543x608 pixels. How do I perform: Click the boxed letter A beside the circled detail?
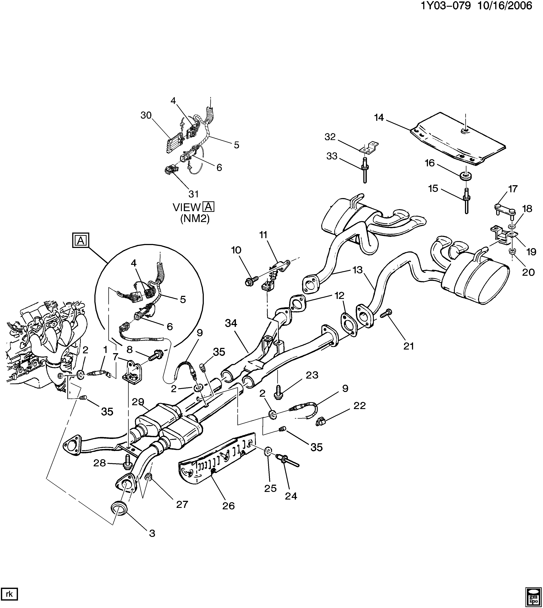80,241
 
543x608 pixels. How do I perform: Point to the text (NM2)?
195,219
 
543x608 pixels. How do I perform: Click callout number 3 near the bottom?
152,533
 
